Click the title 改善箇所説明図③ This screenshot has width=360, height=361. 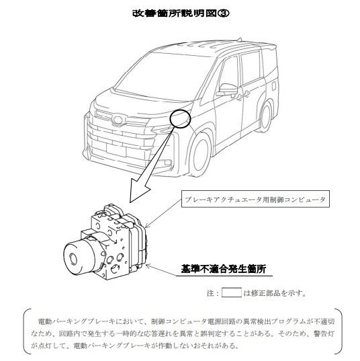pos(181,13)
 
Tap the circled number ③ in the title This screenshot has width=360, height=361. pos(224,13)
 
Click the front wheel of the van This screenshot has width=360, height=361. pos(200,154)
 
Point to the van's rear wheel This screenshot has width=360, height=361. pos(266,117)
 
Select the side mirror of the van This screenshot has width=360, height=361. pos(226,89)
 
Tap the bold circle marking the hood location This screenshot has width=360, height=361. pos(180,119)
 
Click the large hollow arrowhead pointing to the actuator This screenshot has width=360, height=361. pos(139,190)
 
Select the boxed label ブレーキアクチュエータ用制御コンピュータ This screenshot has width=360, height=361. pos(255,199)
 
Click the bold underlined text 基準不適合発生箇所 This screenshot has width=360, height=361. pos(224,269)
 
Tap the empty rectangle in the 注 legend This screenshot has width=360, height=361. pos(232,292)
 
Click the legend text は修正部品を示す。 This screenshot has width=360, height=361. pos(275,293)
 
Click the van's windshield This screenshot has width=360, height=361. pos(165,75)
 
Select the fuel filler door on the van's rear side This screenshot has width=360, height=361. pos(274,86)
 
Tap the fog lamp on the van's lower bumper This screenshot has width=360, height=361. pos(167,163)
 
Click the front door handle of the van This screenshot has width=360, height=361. pos(240,97)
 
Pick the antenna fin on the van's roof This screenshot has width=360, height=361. pos(239,40)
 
